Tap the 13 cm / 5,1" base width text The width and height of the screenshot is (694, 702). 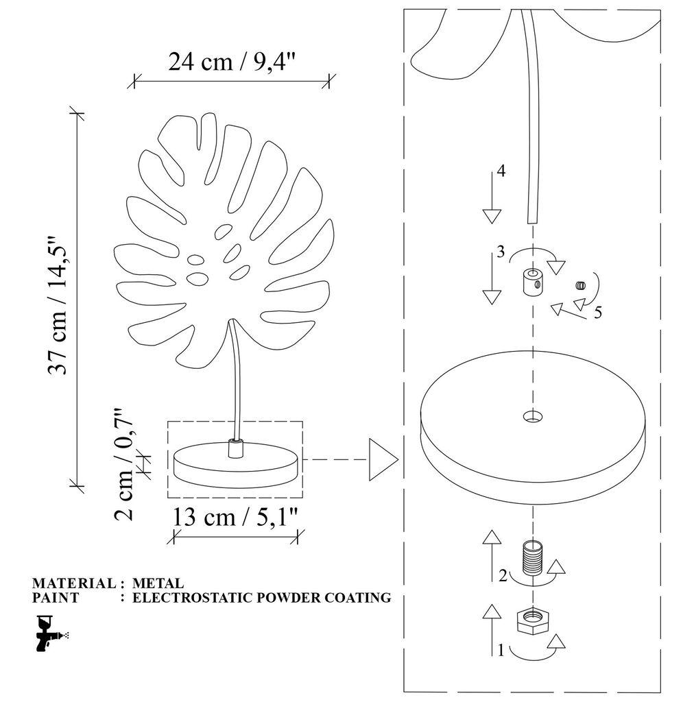tap(236, 518)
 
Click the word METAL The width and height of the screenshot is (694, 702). tap(157, 583)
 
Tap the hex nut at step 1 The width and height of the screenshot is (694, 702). tap(532, 620)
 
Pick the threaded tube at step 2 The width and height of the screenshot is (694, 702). tap(532, 556)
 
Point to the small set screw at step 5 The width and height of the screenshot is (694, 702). tap(582, 285)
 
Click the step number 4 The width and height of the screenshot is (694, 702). tap(501, 171)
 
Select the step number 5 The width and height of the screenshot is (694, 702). tap(597, 313)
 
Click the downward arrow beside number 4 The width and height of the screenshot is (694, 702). tap(491, 199)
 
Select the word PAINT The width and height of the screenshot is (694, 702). tap(56, 598)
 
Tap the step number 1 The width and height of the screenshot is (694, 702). tap(501, 651)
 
